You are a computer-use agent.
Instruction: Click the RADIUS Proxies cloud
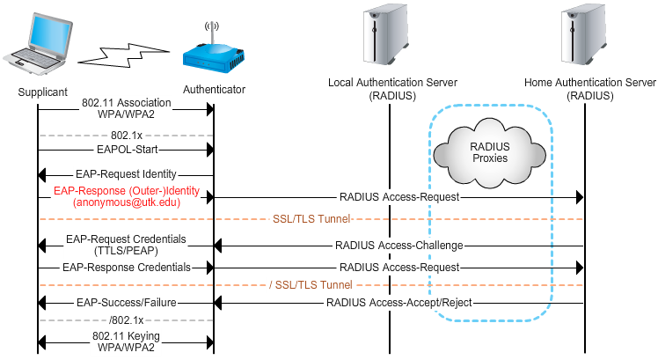(x=489, y=151)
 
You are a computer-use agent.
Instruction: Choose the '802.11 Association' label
(x=126, y=103)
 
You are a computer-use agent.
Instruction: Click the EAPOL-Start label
(x=126, y=151)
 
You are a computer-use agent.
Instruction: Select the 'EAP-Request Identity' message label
(x=126, y=173)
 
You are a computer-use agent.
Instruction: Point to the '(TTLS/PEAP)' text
(x=126, y=250)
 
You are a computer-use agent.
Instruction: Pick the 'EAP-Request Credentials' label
(x=126, y=239)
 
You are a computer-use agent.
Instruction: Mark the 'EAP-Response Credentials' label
(x=126, y=266)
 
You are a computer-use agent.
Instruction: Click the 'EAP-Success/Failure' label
(x=126, y=303)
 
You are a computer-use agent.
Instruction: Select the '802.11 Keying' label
(x=126, y=335)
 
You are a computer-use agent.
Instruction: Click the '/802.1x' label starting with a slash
(x=126, y=320)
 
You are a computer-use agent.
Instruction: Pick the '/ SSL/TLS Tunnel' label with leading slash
(x=310, y=284)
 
